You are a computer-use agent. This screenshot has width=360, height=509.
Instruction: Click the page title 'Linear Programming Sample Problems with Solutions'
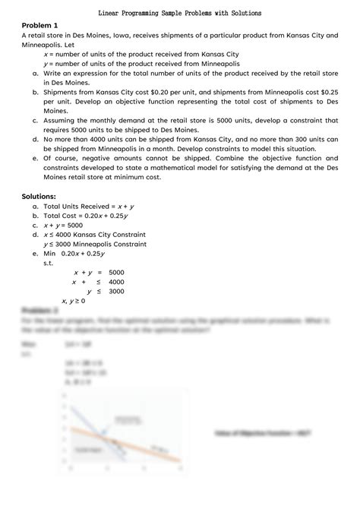(x=180, y=14)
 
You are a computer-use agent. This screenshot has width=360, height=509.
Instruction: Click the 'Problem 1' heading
(x=42, y=26)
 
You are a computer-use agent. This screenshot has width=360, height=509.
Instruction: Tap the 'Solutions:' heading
(x=43, y=197)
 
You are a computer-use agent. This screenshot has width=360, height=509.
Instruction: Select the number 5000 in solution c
(x=72, y=226)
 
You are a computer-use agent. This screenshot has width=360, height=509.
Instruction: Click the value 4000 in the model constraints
(x=117, y=282)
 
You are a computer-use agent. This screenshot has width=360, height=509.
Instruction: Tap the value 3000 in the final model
(x=117, y=291)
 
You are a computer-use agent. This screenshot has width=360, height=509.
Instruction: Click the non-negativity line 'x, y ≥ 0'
(x=73, y=302)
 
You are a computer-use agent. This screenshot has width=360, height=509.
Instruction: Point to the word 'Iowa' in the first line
(x=125, y=36)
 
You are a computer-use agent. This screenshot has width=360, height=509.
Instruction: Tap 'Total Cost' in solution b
(x=62, y=216)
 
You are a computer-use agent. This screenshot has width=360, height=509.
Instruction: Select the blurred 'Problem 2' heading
(x=40, y=311)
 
